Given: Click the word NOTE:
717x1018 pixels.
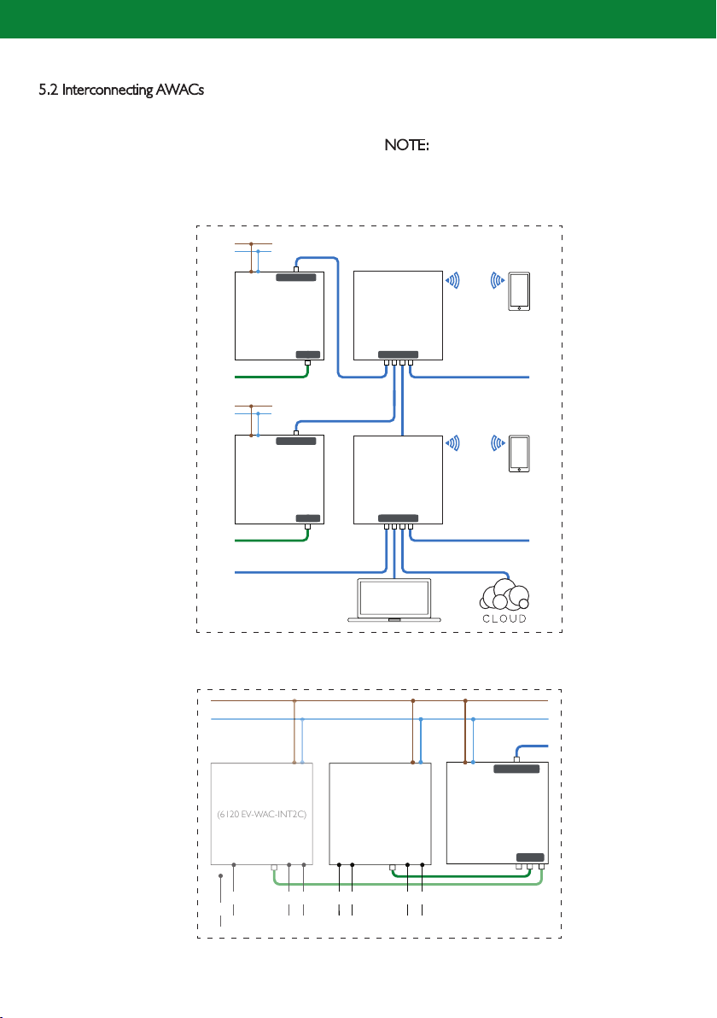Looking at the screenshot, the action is tap(407, 145).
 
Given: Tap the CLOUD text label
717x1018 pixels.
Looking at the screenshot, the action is tap(504, 618).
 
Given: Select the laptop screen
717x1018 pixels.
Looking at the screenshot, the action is tap(394, 597).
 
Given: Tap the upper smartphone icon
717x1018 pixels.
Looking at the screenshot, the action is tap(519, 291).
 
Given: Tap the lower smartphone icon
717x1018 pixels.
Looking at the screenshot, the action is tap(519, 453).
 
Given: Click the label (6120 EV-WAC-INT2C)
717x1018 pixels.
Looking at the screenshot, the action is tap(261, 814).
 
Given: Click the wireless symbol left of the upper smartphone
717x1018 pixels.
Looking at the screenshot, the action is tap(498, 280).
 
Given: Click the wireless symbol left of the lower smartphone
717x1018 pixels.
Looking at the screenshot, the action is tap(498, 442).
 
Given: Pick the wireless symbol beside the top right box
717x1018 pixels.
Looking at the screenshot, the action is tap(452, 280).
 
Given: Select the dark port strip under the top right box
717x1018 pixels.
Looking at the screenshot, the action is tap(399, 355).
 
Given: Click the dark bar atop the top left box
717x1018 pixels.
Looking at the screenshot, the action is tap(296, 278).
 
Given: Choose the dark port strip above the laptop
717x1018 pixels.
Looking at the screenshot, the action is tap(399, 518).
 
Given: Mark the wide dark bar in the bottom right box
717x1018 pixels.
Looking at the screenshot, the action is tap(516, 769).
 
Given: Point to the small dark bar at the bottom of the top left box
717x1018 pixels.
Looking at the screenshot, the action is tap(308, 355).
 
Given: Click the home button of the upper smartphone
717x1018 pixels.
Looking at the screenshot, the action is tap(519, 307).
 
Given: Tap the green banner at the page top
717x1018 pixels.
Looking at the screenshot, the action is tap(358, 19).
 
